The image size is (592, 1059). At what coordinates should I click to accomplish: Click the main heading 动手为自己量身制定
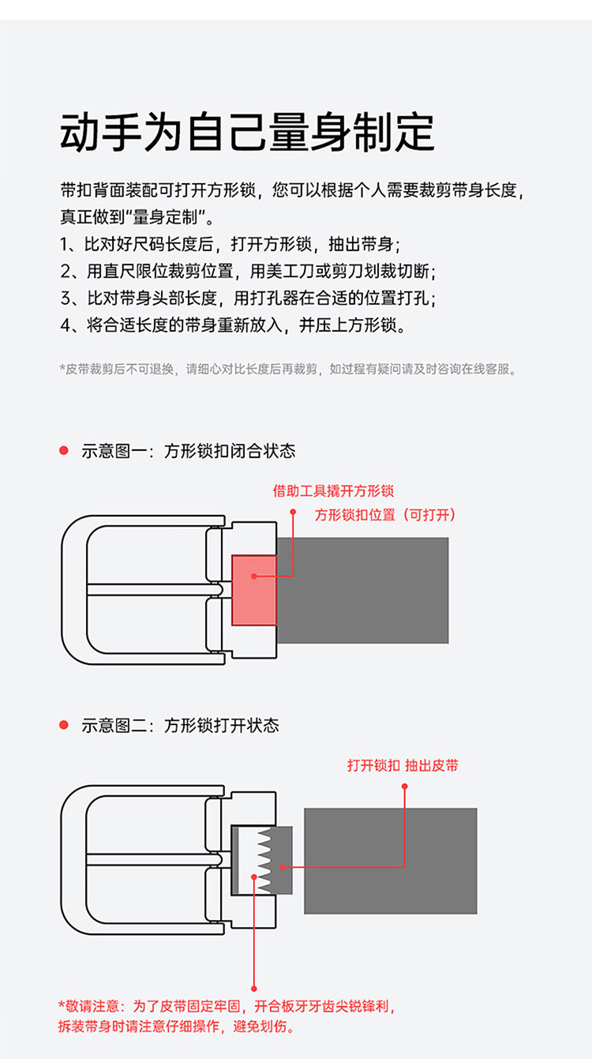(246, 133)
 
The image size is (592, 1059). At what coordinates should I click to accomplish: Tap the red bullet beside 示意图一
(64, 451)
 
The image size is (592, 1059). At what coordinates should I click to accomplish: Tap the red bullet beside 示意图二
(64, 725)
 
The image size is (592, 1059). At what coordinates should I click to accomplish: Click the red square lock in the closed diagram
(254, 590)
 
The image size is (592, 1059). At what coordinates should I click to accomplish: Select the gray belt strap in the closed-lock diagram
(363, 590)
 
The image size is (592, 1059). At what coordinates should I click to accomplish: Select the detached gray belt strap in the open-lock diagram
(390, 861)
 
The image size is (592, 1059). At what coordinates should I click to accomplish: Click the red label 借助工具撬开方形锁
(333, 490)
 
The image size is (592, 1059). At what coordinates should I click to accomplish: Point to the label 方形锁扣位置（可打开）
(385, 515)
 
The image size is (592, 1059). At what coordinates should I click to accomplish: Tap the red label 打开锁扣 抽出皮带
(403, 765)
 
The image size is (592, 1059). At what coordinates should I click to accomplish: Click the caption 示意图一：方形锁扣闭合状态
(189, 451)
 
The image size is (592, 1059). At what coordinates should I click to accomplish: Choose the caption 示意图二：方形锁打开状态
(180, 725)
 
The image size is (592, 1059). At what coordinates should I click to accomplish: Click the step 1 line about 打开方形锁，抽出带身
(230, 245)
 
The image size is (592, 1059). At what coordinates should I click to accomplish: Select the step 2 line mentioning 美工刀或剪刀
(248, 272)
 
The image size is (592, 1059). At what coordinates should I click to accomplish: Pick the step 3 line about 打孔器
(248, 299)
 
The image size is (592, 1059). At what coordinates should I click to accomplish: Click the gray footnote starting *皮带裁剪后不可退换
(288, 369)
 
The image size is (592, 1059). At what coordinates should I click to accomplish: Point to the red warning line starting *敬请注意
(227, 1006)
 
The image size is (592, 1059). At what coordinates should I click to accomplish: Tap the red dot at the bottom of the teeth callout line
(254, 989)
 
